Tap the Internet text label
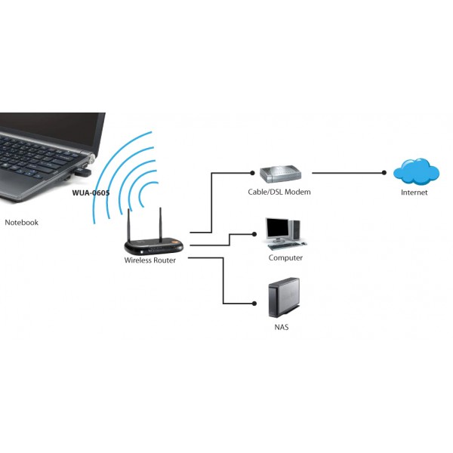pyautogui.click(x=414, y=193)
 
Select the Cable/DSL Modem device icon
pyautogui.click(x=280, y=174)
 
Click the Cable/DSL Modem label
pyautogui.click(x=279, y=192)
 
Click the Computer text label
pyautogui.click(x=285, y=258)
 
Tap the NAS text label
pyautogui.click(x=281, y=328)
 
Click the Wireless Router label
pyautogui.click(x=150, y=260)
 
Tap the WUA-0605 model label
pyautogui.click(x=91, y=193)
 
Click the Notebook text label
pyautogui.click(x=21, y=223)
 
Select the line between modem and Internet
pyautogui.click(x=347, y=173)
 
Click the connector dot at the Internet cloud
pyautogui.click(x=384, y=173)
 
